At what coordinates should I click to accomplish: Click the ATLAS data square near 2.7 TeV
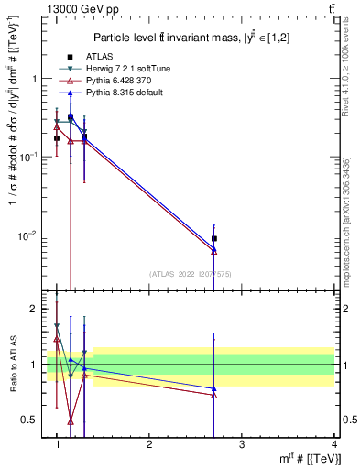pos(214,238)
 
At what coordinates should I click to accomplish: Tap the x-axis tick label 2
pos(149,443)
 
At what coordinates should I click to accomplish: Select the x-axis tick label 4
pos(333,443)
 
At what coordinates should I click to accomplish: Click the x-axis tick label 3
pos(242,443)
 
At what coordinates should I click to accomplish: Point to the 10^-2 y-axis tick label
pos(27,235)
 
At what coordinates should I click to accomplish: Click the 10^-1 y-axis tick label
pos(27,157)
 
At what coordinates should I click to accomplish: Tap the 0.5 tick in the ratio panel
pos(31,420)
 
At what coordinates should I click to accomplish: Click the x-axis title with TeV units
pos(301,459)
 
